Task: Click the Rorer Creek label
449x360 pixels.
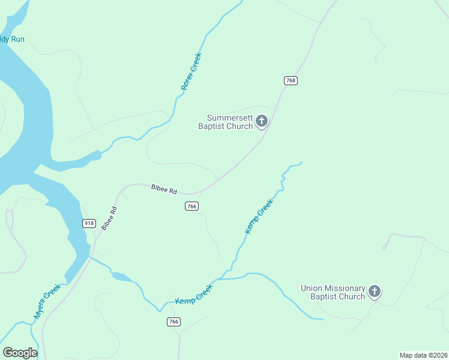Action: [x=191, y=72]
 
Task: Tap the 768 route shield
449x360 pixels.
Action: [x=291, y=80]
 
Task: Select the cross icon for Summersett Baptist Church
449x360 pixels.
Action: [x=262, y=121]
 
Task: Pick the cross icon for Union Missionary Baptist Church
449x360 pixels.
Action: [x=374, y=292]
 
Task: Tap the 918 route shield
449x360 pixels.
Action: [x=89, y=223]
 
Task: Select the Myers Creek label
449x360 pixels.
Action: [x=47, y=302]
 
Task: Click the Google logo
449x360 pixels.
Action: [x=20, y=352]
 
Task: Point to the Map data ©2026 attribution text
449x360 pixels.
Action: [x=423, y=355]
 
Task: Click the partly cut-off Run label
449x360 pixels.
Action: [x=12, y=40]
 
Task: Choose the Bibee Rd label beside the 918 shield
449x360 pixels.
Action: [x=109, y=218]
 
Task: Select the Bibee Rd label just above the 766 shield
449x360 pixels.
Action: [x=164, y=190]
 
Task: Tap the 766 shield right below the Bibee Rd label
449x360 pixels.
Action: [x=191, y=206]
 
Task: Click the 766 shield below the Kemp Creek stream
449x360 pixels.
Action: [x=173, y=322]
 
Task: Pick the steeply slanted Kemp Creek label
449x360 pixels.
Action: [x=259, y=217]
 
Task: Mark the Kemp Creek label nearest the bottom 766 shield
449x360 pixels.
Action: [x=194, y=293]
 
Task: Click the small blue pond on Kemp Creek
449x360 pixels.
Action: [x=122, y=277]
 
